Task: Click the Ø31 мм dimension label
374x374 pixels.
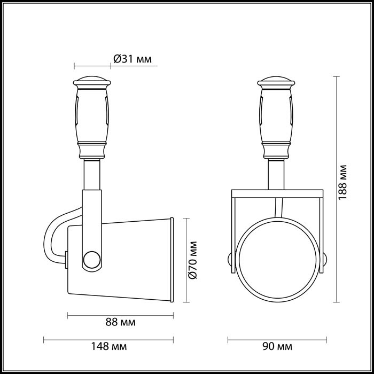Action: point(133,59)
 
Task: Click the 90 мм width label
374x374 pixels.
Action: point(277,347)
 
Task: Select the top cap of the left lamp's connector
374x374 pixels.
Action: point(93,82)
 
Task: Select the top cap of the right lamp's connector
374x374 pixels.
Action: point(276,82)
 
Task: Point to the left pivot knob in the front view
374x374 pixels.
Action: point(230,260)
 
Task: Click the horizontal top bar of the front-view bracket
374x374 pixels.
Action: point(276,193)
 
